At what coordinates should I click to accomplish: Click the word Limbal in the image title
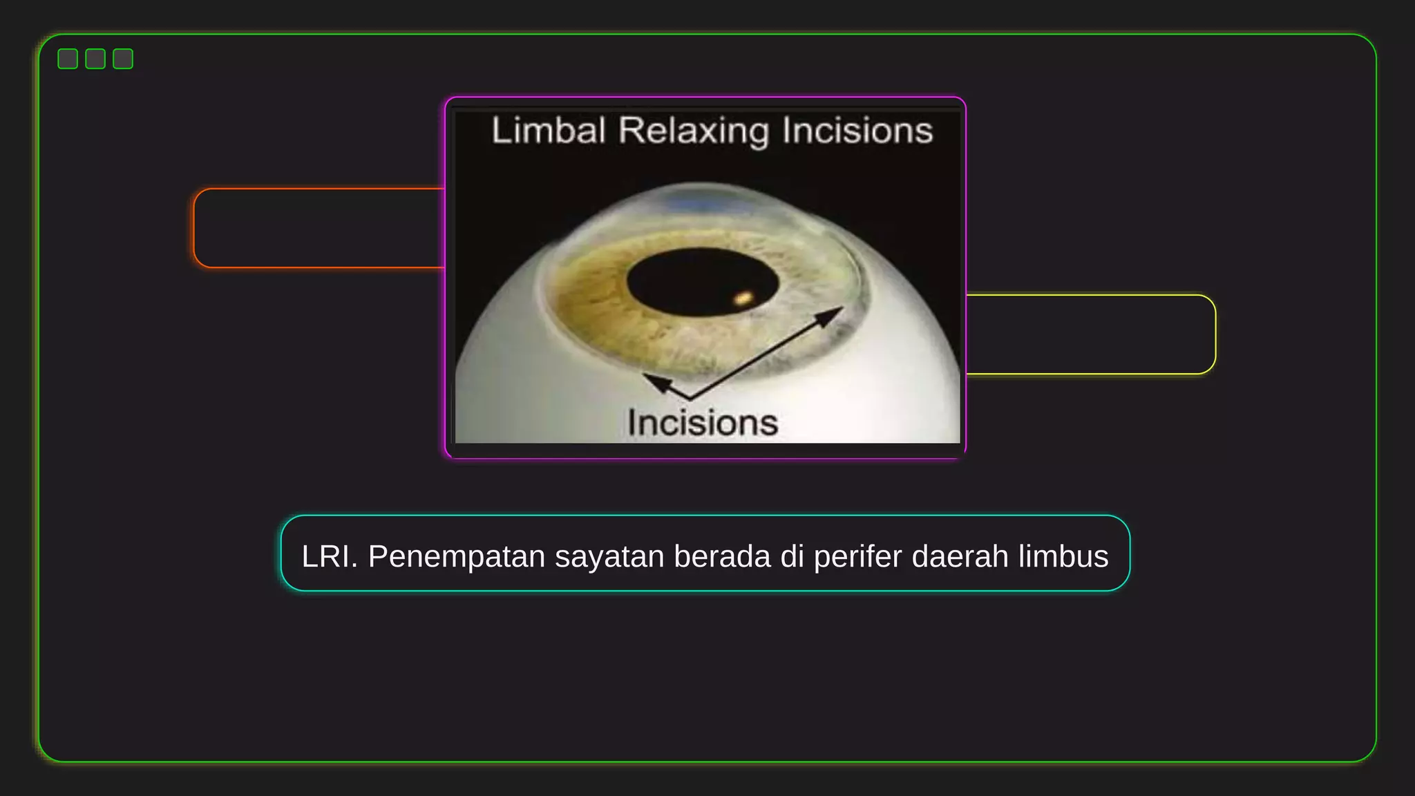549,131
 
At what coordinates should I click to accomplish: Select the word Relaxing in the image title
693,131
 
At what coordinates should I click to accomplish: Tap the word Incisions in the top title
857,131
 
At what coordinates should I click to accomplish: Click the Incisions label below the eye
703,423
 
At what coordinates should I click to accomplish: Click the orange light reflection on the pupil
743,298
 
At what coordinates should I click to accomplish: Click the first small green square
68,59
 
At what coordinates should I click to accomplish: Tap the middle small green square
95,59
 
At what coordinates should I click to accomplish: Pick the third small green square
123,59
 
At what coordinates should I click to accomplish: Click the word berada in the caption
722,556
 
